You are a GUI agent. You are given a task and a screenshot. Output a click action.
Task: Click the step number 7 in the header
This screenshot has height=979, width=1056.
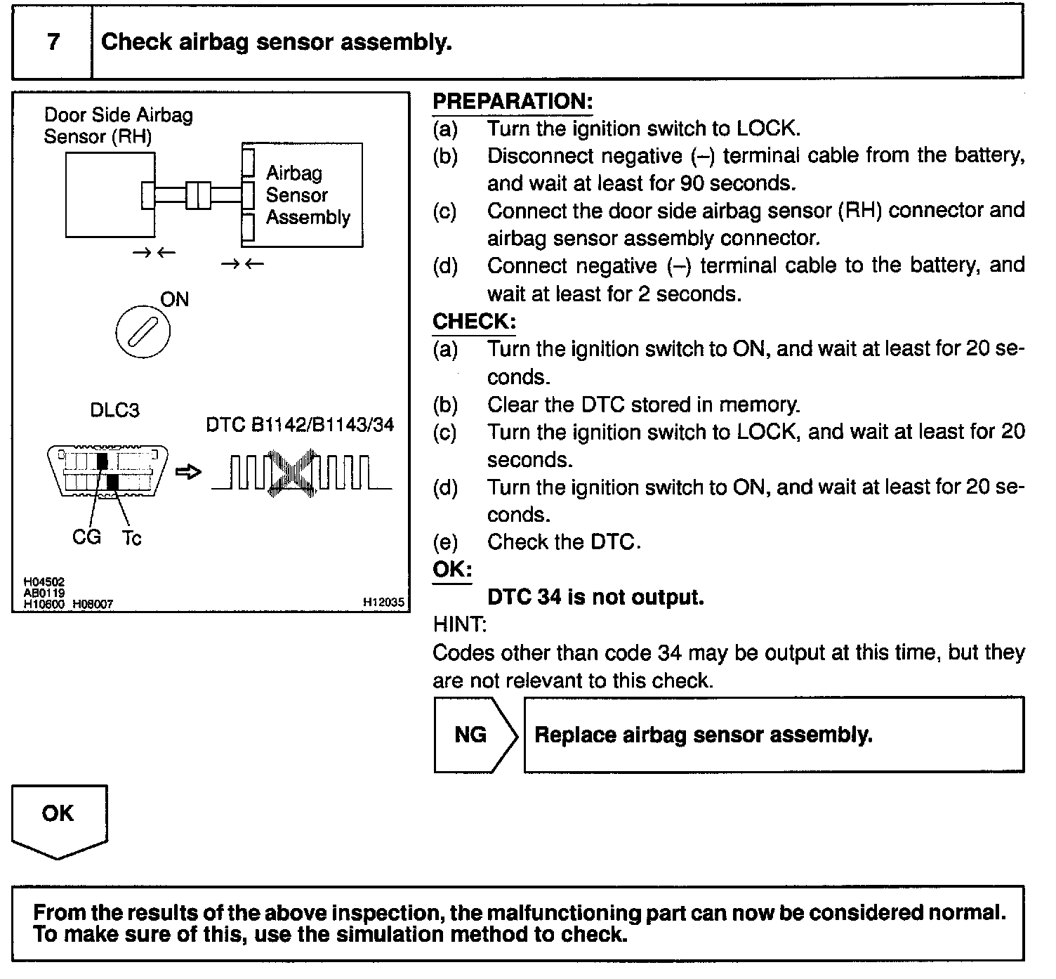(53, 41)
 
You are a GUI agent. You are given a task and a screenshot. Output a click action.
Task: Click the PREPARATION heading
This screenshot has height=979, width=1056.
(513, 102)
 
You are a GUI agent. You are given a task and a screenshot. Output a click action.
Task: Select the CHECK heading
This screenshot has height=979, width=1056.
(474, 322)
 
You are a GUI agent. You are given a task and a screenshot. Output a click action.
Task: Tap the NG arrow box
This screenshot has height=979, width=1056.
(472, 735)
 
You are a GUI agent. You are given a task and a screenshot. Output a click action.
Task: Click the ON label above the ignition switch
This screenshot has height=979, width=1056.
(175, 300)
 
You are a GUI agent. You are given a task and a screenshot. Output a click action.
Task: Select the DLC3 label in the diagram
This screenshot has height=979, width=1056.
(114, 410)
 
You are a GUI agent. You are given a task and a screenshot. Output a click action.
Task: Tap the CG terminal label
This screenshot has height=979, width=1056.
(86, 537)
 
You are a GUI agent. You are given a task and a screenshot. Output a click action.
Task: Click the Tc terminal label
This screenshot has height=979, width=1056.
(131, 539)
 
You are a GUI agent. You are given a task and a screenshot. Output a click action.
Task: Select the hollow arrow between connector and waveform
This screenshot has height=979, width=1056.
(188, 472)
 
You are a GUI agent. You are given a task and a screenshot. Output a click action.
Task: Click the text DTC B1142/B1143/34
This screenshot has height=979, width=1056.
(300, 425)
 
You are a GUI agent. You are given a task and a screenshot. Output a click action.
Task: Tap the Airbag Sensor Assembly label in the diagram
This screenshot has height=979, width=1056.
(307, 195)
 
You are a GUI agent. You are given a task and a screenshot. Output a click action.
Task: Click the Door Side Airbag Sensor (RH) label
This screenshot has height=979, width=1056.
(118, 125)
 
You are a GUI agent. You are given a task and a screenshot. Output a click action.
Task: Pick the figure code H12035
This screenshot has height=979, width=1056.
(383, 602)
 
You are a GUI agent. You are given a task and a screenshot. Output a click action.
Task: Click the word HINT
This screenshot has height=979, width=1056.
(459, 624)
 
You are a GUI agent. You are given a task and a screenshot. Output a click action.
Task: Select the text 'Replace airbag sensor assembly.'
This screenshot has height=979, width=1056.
(704, 735)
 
